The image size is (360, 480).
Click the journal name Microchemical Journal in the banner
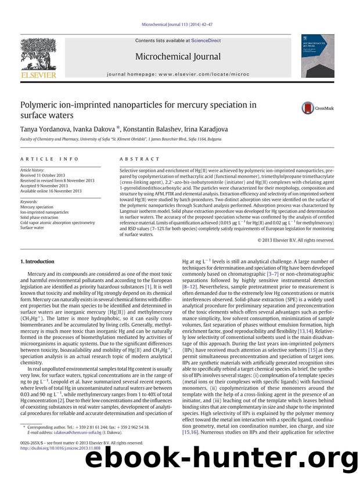178,56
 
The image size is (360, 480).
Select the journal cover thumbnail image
318,56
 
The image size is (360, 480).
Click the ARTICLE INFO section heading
41,159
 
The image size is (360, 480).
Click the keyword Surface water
34,228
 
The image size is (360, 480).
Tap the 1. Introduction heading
37,262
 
